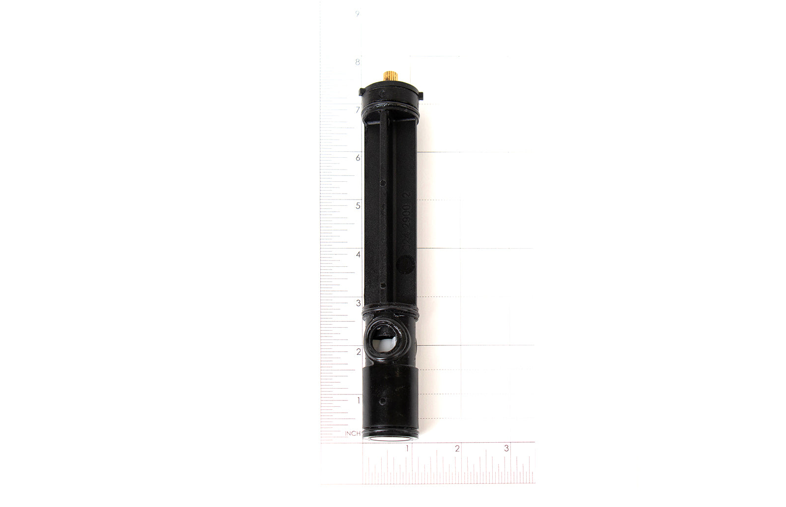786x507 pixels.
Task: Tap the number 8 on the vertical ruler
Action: (x=358, y=62)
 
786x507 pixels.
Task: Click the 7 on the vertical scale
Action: (x=358, y=110)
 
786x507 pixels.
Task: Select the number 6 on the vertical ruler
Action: (x=358, y=158)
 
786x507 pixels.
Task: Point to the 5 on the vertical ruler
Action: (x=358, y=206)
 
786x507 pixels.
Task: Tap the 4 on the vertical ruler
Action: (x=358, y=254)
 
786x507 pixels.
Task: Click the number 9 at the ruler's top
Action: (x=357, y=14)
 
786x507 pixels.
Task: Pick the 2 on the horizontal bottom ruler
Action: (x=457, y=449)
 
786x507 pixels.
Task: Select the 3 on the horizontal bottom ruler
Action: (x=506, y=449)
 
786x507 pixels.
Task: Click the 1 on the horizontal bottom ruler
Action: (x=407, y=449)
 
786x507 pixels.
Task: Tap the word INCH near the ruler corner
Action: (x=352, y=433)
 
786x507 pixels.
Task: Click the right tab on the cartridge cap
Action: (x=421, y=92)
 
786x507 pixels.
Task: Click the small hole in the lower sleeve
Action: (x=382, y=401)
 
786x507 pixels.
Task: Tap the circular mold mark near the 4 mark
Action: (x=406, y=266)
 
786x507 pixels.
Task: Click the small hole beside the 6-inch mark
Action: (x=383, y=182)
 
